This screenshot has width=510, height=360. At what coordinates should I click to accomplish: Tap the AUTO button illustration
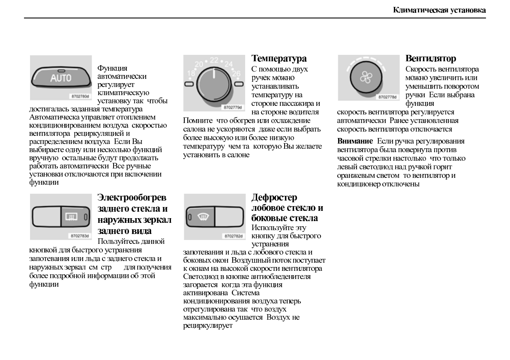point(61,78)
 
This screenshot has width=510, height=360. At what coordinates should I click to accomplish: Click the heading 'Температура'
point(279,58)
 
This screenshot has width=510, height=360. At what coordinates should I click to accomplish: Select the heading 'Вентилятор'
point(431,58)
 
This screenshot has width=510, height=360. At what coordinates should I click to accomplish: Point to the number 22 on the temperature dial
point(213,60)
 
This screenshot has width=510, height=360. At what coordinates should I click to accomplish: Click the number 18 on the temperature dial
point(191,73)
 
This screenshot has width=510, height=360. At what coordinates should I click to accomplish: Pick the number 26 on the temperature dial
point(236,73)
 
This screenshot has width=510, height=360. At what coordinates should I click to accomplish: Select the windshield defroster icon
point(201,217)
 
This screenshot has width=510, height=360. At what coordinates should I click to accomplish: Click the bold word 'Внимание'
point(355,141)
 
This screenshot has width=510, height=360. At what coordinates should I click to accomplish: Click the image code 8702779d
point(233,107)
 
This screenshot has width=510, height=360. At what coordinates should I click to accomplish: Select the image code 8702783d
point(80,236)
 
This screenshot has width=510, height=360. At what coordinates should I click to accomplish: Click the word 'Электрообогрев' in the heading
point(132,198)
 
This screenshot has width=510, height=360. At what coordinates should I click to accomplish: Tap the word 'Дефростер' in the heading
point(274,198)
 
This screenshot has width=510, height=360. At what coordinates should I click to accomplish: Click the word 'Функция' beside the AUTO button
point(112,68)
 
